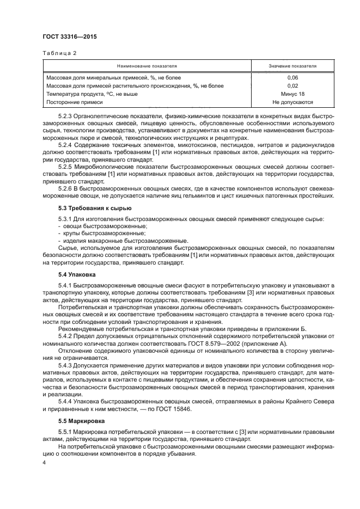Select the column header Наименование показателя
147,65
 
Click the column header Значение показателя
292,65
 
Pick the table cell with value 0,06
292,78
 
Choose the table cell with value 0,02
292,85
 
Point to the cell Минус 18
292,94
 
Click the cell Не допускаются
292,102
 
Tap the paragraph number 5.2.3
66,116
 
